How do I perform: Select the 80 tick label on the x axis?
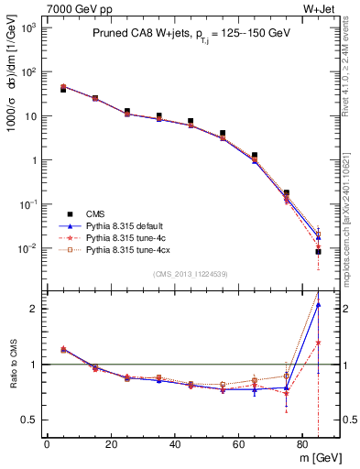(301, 444)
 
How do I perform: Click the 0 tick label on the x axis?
(47, 444)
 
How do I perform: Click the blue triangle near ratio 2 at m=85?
(318, 305)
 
